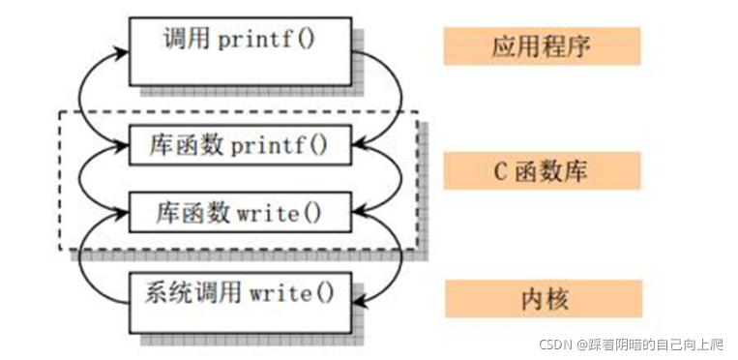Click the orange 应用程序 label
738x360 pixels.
click(x=542, y=45)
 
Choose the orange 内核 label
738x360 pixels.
click(x=542, y=299)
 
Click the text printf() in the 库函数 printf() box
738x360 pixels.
click(x=280, y=146)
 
